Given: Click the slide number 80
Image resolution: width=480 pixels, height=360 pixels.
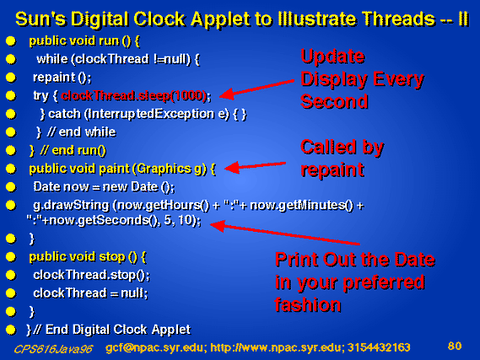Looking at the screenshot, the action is [455, 346].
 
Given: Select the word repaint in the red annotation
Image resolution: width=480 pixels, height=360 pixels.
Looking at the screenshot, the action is [332, 169].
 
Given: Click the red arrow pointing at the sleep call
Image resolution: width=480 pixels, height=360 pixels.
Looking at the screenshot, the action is [257, 89].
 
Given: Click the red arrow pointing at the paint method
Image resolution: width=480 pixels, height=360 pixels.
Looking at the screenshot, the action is [255, 166].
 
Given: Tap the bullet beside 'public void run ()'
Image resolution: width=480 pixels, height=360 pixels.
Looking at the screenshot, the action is [11, 41].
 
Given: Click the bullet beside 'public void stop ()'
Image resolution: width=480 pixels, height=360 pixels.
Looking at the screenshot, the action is [11, 257].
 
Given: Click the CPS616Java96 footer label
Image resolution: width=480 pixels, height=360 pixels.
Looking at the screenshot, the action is [53, 349].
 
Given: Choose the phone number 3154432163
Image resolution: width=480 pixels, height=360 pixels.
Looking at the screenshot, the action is [379, 347].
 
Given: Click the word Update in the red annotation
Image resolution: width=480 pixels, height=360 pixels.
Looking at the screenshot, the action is [332, 56].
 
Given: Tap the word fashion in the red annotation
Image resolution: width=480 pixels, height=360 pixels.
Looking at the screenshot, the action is [308, 304].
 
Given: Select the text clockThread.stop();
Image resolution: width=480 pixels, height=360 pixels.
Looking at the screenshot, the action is [92, 275].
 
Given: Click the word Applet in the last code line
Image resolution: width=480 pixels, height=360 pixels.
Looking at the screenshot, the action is [170, 330].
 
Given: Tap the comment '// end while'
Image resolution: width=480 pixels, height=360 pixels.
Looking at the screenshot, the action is [82, 132].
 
